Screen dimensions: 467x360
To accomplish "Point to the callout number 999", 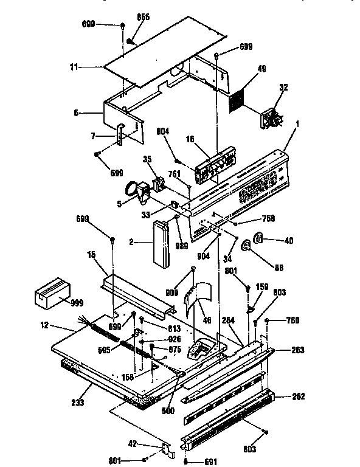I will [78, 303].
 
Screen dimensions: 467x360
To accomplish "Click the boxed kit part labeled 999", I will [51, 294].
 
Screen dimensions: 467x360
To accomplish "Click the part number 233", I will [78, 403].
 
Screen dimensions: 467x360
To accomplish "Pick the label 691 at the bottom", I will [210, 462].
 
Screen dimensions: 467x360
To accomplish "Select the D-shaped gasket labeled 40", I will [258, 239].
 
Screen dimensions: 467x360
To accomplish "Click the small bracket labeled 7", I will [120, 135].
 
